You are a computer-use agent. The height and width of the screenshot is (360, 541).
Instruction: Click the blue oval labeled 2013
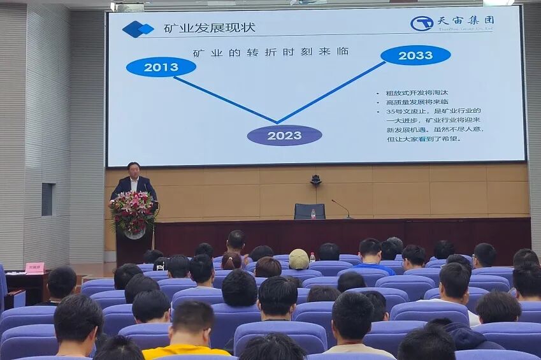[x=161, y=67]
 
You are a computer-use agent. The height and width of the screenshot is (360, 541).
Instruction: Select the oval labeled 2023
[x=284, y=135]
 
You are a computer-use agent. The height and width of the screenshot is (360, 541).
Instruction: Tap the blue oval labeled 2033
[x=415, y=55]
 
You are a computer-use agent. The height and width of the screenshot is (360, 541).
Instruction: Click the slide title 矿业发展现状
[x=209, y=28]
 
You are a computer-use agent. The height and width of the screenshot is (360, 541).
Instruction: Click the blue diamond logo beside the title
[x=138, y=29]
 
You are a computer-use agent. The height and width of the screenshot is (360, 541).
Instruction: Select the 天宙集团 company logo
[x=452, y=23]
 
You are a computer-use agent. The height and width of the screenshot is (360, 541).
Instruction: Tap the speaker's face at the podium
[x=133, y=169]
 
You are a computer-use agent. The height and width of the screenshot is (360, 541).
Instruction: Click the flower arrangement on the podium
[x=133, y=211]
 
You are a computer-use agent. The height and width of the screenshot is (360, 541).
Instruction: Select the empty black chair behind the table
[x=309, y=211]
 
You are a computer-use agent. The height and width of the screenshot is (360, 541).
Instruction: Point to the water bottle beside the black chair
[x=313, y=213]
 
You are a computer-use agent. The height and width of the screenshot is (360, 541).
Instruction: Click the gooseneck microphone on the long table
[x=342, y=207]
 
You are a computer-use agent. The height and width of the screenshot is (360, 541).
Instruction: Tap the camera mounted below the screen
[x=315, y=180]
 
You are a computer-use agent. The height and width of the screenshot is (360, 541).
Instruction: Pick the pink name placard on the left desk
[x=34, y=268]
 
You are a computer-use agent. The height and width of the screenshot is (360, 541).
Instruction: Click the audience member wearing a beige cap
[x=299, y=259]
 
